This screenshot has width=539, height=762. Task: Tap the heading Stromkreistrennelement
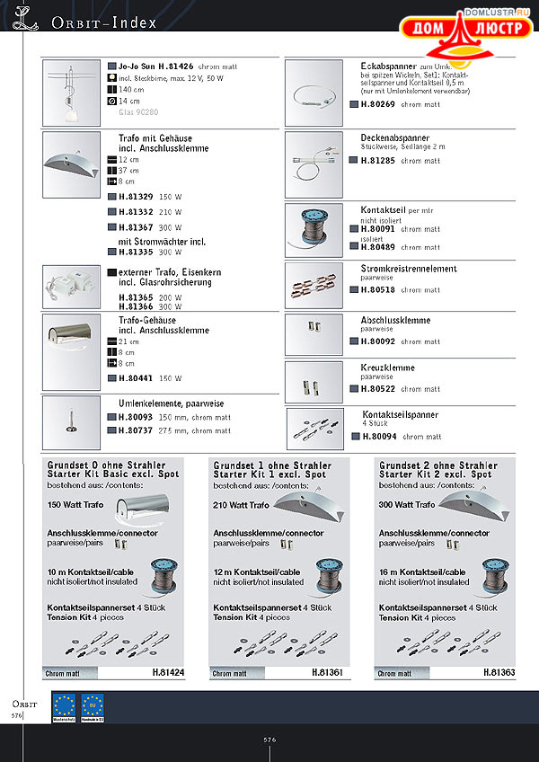pos(408,269)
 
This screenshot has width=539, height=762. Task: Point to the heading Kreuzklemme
pos(387,368)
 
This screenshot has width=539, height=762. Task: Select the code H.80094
pos(379,437)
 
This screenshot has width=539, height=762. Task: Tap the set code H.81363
pos(498,671)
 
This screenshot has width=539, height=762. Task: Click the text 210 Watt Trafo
pos(242,506)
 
